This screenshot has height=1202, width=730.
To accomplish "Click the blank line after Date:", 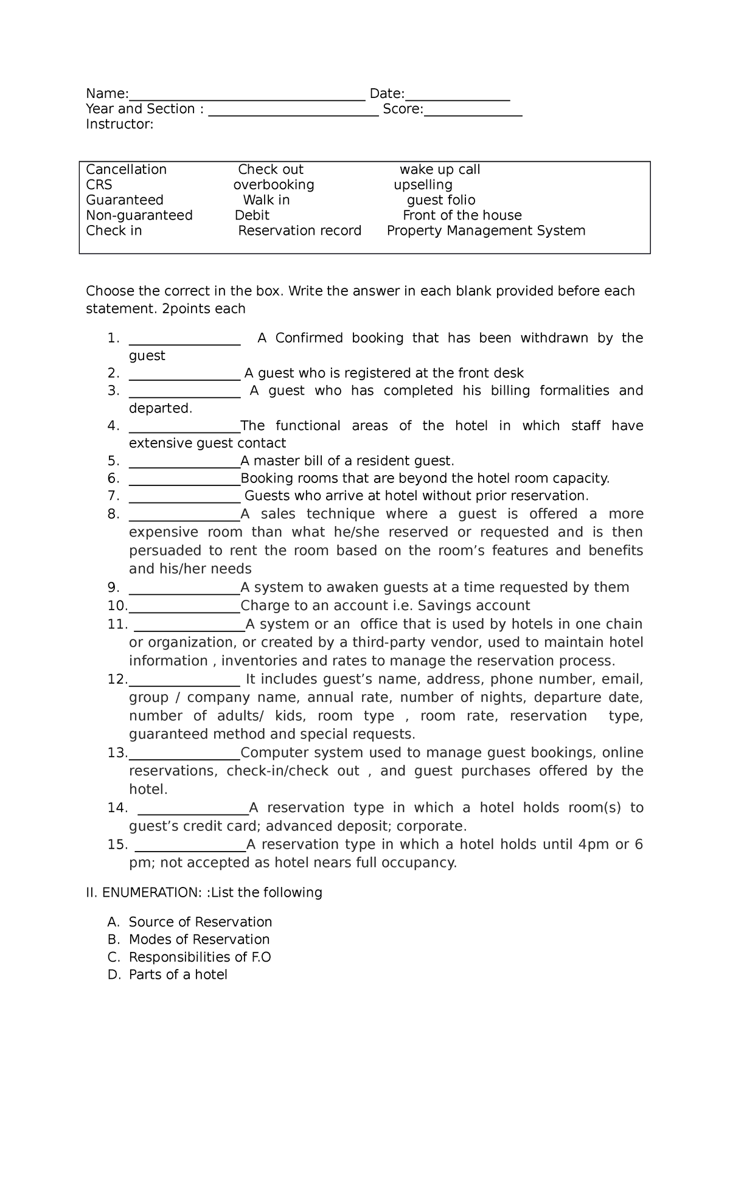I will click(457, 98).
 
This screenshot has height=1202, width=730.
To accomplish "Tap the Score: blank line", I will click(473, 113).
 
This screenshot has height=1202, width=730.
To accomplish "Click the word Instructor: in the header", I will click(120, 124).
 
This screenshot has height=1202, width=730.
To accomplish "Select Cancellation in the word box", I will click(126, 170).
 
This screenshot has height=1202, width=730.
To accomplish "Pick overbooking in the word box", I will click(274, 185).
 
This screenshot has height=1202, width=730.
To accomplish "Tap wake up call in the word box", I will click(440, 170).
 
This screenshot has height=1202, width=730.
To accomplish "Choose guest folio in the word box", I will click(441, 200).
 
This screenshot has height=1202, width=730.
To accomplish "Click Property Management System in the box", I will click(486, 231).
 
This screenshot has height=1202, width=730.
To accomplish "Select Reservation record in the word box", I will click(299, 231).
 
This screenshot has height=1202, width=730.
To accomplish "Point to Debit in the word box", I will click(252, 215).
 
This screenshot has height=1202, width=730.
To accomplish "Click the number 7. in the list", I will click(113, 496).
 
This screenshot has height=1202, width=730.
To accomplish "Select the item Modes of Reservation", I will click(199, 939).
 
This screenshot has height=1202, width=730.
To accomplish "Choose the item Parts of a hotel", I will click(178, 974).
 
